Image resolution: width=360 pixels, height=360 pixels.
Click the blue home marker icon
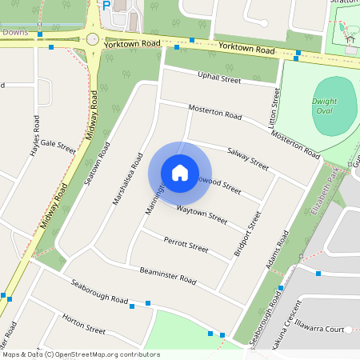(180, 172)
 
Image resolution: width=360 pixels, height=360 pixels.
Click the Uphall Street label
(219, 78)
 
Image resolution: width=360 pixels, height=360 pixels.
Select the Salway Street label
(248, 157)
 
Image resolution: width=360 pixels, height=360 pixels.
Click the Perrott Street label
(186, 245)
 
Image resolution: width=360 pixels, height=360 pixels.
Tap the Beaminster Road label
(167, 274)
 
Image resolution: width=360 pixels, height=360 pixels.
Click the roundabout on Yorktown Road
(93, 38)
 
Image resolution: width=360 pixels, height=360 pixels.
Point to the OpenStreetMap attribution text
(81, 354)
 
